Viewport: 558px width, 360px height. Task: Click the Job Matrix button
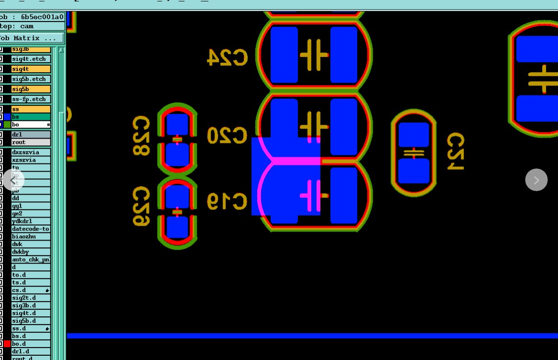pyautogui.click(x=32, y=38)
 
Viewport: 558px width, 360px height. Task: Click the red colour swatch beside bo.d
pyautogui.click(x=7, y=344)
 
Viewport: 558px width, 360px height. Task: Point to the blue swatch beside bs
pyautogui.click(x=7, y=117)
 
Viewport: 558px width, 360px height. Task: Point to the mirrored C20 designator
pyautogui.click(x=227, y=135)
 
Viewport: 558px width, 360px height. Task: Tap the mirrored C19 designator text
pyautogui.click(x=227, y=201)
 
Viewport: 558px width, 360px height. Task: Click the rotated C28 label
pyautogui.click(x=141, y=135)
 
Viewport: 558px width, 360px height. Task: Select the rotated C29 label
pyautogui.click(x=141, y=206)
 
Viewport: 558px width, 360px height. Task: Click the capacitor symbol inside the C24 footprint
pyautogui.click(x=314, y=55)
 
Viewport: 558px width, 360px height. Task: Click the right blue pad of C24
pyautogui.click(x=344, y=55)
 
